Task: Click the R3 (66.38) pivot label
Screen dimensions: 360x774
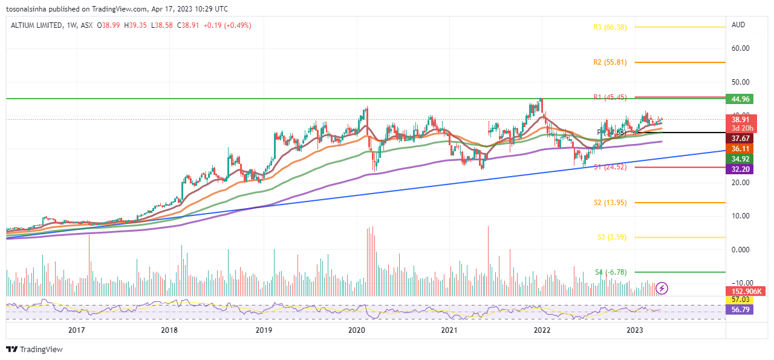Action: pyautogui.click(x=609, y=27)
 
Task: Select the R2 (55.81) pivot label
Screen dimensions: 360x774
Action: pyautogui.click(x=609, y=62)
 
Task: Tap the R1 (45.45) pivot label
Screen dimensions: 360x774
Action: pyautogui.click(x=609, y=97)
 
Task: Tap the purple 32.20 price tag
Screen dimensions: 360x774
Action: pyautogui.click(x=738, y=169)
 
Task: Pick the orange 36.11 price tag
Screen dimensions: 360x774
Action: pyautogui.click(x=738, y=148)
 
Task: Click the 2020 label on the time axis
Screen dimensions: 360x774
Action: pyautogui.click(x=357, y=330)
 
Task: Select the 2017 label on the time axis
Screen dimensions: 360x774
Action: pyautogui.click(x=76, y=330)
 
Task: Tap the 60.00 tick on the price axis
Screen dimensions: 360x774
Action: pyautogui.click(x=741, y=48)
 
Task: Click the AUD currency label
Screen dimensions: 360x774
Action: pyautogui.click(x=738, y=25)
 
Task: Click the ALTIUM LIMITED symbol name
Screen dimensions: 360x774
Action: pyautogui.click(x=36, y=25)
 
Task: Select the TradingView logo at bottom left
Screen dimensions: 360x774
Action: pyautogui.click(x=34, y=350)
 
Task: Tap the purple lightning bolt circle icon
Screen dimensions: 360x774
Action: pyautogui.click(x=662, y=288)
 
